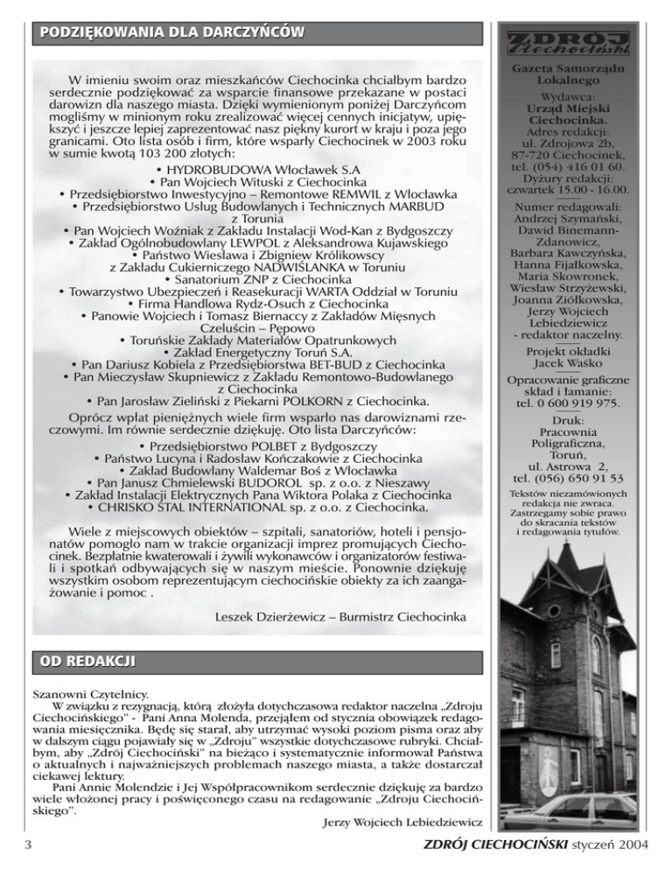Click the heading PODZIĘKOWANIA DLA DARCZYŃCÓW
(x=166, y=33)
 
